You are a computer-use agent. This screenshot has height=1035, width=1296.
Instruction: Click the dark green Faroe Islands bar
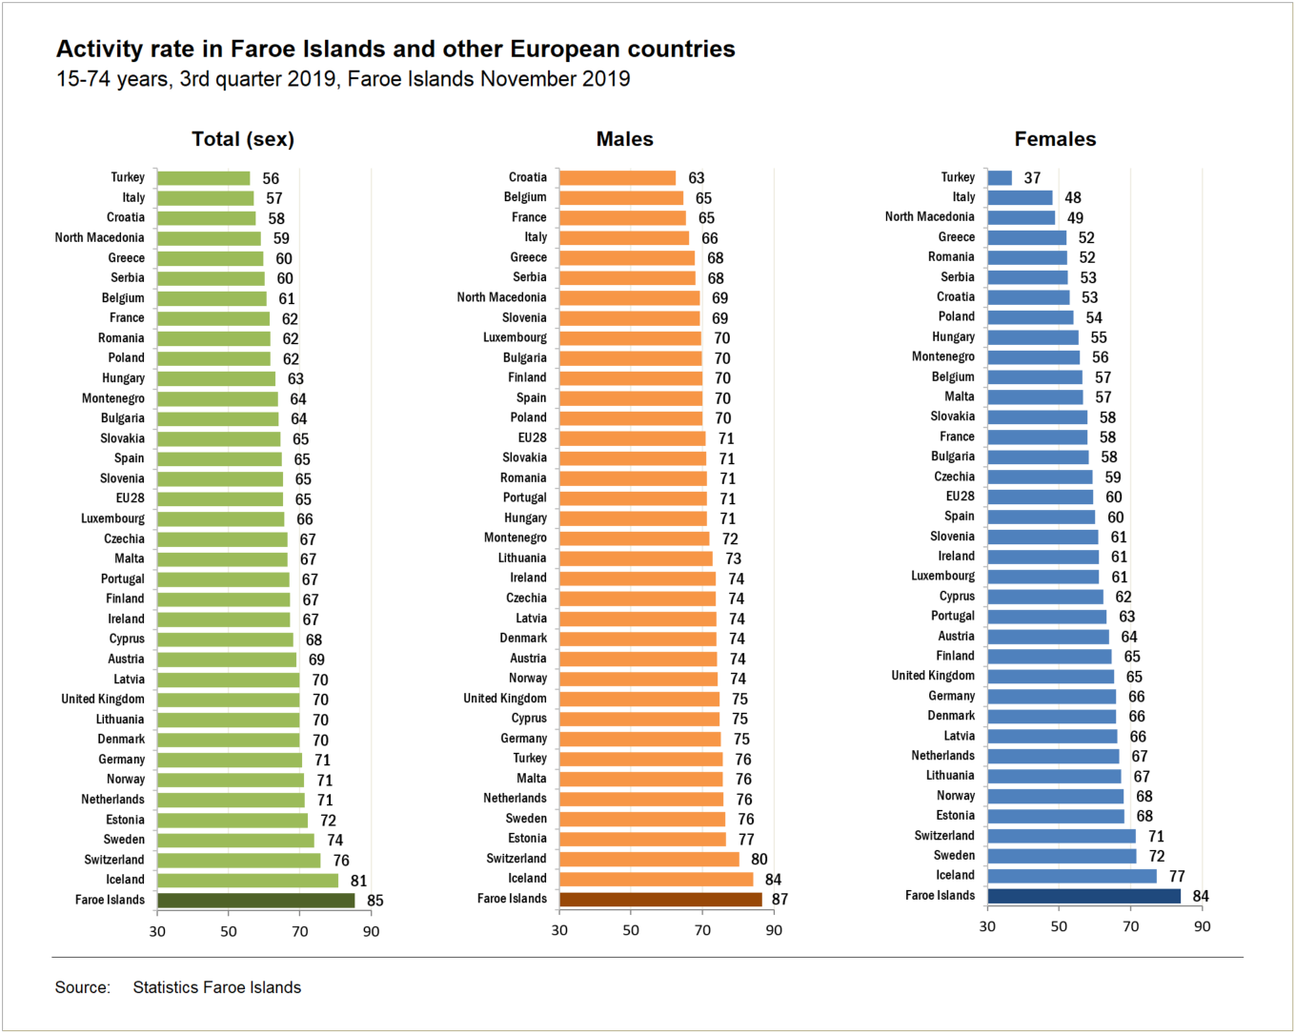[255, 901]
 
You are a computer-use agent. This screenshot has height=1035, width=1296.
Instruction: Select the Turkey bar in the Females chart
[1000, 178]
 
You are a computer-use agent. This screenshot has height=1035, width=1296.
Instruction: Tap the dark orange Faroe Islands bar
[660, 900]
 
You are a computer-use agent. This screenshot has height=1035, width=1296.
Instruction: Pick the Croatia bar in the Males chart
[618, 178]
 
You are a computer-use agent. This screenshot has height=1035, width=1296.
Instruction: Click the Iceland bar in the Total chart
[248, 881]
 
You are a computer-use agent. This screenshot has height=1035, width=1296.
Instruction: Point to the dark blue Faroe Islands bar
[1083, 896]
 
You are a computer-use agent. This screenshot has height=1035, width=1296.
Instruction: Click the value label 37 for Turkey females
[1032, 178]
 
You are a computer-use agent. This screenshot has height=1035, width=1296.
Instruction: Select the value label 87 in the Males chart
[780, 900]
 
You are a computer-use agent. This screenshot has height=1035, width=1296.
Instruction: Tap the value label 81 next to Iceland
[358, 881]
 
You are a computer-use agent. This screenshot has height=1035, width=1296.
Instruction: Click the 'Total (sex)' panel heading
[243, 139]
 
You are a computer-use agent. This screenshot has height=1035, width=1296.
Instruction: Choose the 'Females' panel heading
[1055, 139]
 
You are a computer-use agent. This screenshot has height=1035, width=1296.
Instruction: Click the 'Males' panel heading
[624, 139]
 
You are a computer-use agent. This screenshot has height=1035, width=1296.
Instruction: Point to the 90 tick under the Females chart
[1203, 926]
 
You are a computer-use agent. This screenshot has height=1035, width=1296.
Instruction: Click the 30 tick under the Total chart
[157, 931]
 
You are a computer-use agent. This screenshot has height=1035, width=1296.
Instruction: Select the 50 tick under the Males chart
[631, 930]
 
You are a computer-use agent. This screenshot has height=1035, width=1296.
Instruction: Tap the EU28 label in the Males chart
[532, 438]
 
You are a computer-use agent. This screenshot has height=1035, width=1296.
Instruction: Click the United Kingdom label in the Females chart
[933, 676]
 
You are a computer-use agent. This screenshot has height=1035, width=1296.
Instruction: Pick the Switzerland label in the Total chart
[114, 860]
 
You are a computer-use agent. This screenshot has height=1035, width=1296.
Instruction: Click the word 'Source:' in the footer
[83, 987]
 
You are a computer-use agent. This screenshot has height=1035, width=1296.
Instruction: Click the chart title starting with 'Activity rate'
[395, 50]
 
